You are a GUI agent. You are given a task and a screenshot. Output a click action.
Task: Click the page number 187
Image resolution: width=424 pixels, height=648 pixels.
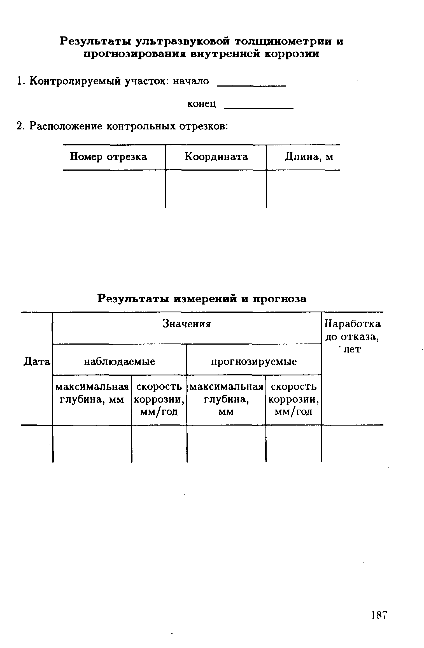[x=379, y=616]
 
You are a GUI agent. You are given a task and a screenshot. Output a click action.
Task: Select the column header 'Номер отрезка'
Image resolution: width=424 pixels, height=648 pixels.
[x=108, y=157]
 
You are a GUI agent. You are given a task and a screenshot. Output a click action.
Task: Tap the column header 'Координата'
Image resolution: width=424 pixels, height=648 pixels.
[x=216, y=157]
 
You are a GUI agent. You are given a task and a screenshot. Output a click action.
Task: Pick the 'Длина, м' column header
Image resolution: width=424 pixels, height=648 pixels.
[x=309, y=157]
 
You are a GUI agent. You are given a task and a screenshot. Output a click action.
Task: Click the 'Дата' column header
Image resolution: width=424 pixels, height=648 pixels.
[x=37, y=362]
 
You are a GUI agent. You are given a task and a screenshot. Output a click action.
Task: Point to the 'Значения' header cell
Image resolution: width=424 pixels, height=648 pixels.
[x=187, y=324]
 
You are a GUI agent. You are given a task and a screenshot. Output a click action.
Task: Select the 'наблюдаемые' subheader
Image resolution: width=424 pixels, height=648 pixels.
[x=120, y=362]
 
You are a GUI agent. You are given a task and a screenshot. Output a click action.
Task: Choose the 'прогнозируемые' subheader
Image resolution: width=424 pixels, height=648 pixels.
[x=254, y=362]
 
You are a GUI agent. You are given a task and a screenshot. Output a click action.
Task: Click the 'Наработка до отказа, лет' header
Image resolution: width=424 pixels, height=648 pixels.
[x=352, y=336]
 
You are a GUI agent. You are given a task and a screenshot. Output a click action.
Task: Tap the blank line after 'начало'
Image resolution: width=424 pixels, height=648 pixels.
[x=251, y=85]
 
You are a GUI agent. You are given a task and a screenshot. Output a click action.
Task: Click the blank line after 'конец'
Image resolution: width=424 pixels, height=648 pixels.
[x=259, y=107]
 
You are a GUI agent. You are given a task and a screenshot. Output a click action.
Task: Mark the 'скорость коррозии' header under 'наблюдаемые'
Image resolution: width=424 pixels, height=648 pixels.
[x=159, y=399]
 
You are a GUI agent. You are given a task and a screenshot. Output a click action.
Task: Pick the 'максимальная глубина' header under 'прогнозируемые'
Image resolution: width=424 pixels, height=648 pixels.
[x=226, y=399]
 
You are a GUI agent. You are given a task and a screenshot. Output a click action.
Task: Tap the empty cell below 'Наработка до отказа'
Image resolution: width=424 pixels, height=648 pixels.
[x=352, y=443]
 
